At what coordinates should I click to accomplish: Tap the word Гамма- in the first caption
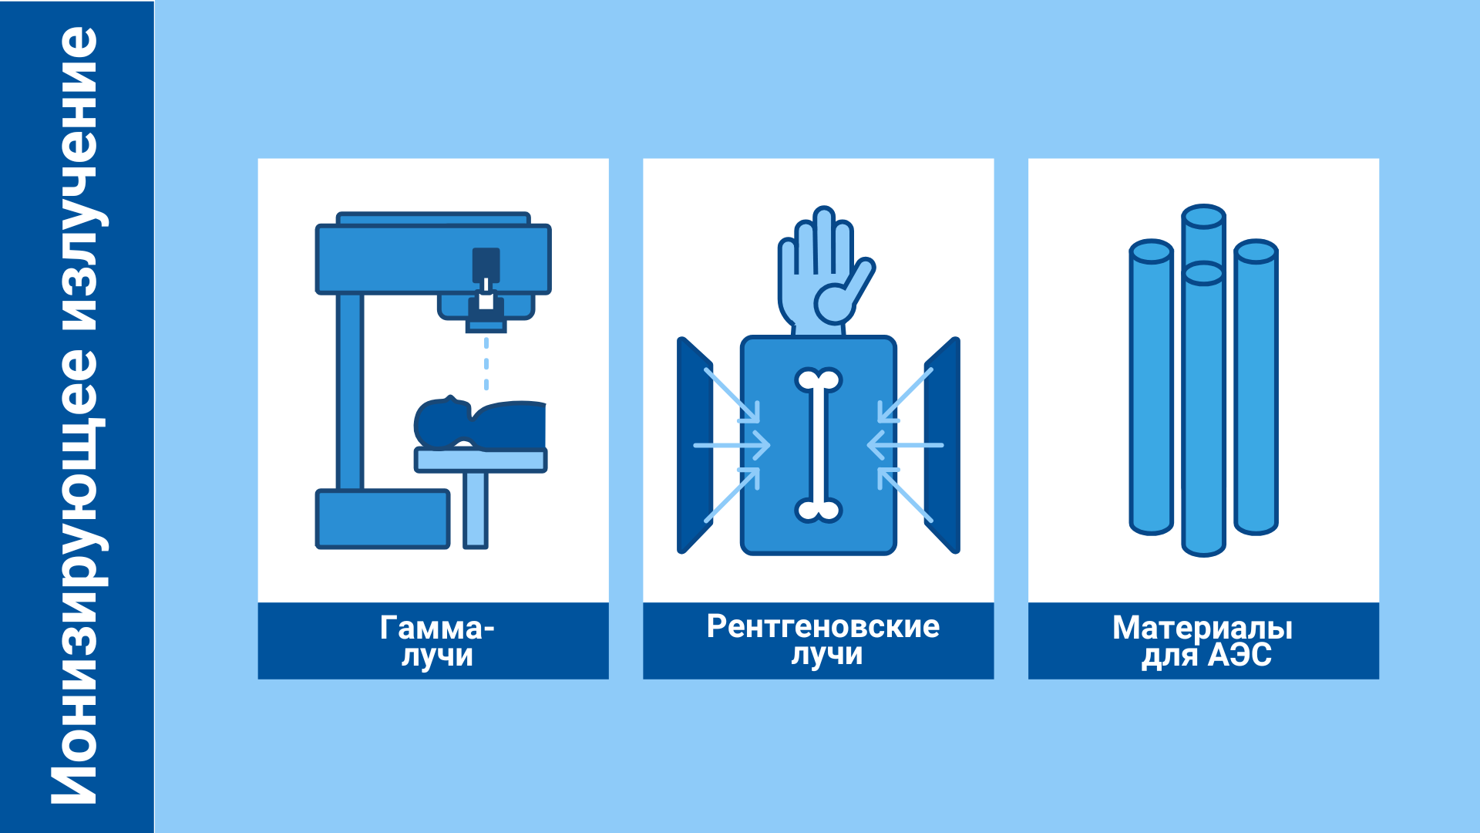coord(437,628)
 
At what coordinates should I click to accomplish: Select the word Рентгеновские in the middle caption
coord(823,626)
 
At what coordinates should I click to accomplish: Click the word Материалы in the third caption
coord(1202,629)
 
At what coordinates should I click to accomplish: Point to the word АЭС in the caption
coord(1239,655)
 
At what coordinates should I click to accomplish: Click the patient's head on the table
coord(441,423)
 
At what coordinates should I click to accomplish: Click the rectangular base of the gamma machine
coord(383,519)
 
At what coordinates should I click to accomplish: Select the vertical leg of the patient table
coord(476,510)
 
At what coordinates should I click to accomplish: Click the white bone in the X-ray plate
coord(819,445)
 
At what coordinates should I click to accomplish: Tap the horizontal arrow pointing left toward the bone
coord(905,445)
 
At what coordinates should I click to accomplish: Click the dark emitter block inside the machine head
coord(486,265)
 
